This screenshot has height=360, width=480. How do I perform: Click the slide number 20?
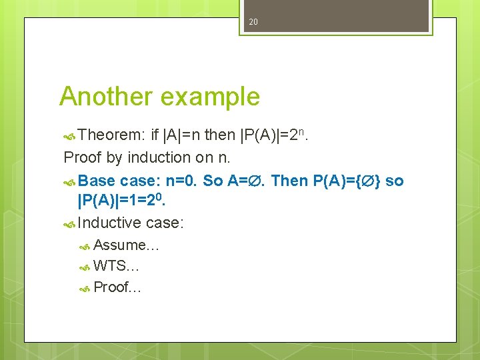point(253,22)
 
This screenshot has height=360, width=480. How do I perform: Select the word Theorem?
point(111,135)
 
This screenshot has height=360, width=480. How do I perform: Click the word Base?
point(97,181)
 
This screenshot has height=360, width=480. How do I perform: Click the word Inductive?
point(109,223)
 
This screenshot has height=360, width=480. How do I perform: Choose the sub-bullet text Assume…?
point(126,245)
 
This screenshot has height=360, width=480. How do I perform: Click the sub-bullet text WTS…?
point(116,267)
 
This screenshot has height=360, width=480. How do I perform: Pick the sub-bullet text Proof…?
point(117,287)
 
